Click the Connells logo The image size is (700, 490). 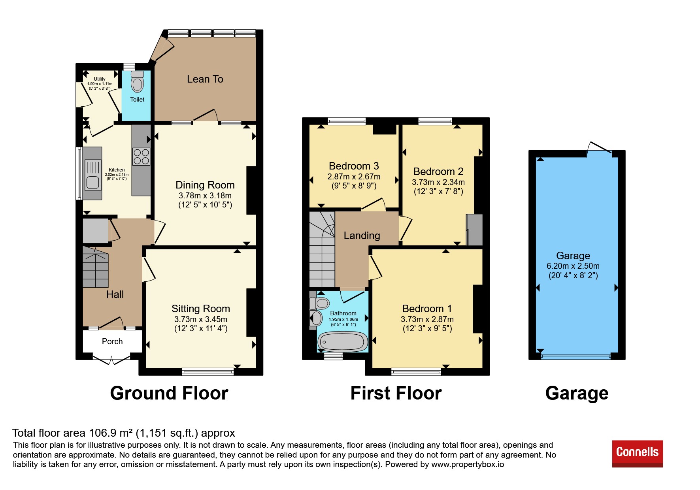(637, 454)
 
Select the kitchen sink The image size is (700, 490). (92, 174)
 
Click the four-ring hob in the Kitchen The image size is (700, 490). (141, 156)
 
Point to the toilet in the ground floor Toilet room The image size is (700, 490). (137, 82)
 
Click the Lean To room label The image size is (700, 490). (205, 79)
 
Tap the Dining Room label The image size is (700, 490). (205, 185)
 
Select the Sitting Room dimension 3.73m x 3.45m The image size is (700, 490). (201, 319)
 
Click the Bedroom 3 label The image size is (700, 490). (354, 166)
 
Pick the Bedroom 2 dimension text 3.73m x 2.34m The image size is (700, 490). (438, 182)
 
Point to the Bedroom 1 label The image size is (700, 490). (427, 309)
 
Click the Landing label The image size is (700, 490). (362, 236)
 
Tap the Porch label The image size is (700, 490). (112, 341)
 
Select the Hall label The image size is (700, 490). (115, 294)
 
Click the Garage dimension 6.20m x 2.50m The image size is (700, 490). (573, 266)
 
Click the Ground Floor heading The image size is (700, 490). (169, 393)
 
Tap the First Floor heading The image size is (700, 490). (396, 393)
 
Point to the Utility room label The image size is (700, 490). (100, 79)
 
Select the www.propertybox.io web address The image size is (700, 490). (468, 464)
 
